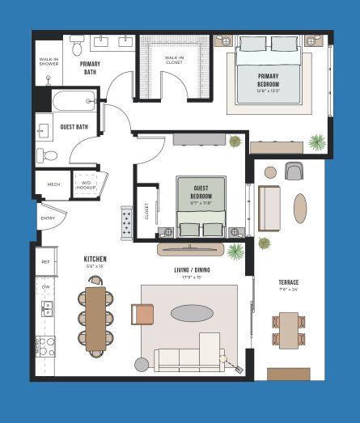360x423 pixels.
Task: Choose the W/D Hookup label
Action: [87, 184]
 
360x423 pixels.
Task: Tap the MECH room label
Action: [53, 184]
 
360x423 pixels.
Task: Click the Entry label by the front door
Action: [49, 218]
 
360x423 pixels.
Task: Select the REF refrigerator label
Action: [45, 262]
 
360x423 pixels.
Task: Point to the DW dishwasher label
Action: [45, 286]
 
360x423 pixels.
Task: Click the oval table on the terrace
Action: [300, 207]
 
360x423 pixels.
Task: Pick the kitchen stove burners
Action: [46, 346]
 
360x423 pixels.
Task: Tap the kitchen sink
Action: [46, 307]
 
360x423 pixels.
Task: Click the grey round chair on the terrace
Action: [293, 171]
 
